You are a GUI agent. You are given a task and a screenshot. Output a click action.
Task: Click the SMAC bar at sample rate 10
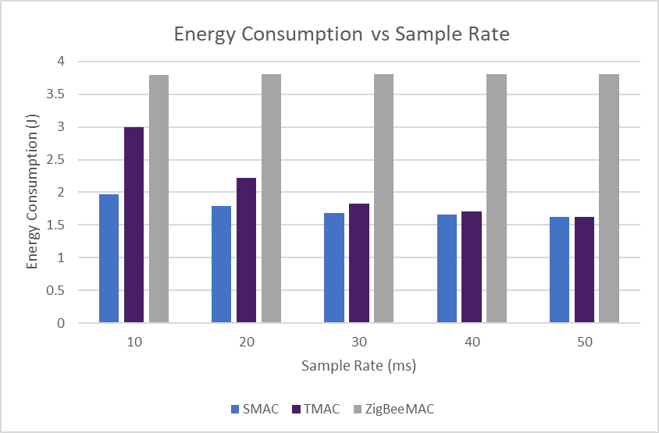click(109, 258)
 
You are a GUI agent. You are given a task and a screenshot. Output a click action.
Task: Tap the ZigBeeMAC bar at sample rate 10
click(159, 198)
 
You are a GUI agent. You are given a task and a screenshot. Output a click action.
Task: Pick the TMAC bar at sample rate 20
click(246, 250)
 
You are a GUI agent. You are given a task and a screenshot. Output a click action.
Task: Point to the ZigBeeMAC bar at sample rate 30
click(383, 198)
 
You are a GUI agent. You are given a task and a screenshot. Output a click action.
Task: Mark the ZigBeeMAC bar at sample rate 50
click(609, 198)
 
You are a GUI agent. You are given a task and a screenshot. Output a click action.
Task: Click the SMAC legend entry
click(255, 409)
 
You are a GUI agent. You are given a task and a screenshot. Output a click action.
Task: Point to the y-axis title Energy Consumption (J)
click(32, 193)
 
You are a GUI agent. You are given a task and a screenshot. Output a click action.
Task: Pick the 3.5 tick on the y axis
click(57, 94)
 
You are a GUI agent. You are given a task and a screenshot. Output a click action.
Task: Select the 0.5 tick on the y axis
click(57, 290)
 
